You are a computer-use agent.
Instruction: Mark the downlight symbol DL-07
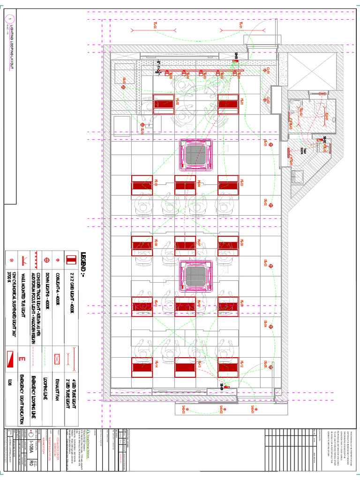coord(124,87)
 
